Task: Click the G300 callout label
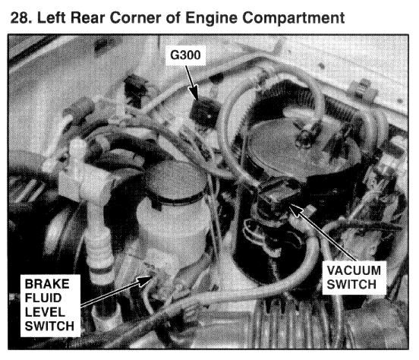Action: pyautogui.click(x=185, y=55)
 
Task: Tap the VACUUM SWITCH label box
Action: pyautogui.click(x=354, y=277)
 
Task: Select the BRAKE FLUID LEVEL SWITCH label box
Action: pyautogui.click(x=50, y=305)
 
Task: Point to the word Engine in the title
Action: pyautogui.click(x=211, y=18)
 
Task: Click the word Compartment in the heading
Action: pyautogui.click(x=294, y=18)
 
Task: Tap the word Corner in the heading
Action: pyautogui.click(x=135, y=18)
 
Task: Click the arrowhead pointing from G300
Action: pyautogui.click(x=195, y=94)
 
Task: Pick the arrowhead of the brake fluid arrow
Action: pyautogui.click(x=146, y=280)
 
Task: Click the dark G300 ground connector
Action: pyautogui.click(x=203, y=112)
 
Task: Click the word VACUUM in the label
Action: pyautogui.click(x=354, y=270)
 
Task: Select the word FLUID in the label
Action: pyautogui.click(x=43, y=298)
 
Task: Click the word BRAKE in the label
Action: pyautogui.click(x=47, y=284)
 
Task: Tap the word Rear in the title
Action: pyautogui.click(x=87, y=18)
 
